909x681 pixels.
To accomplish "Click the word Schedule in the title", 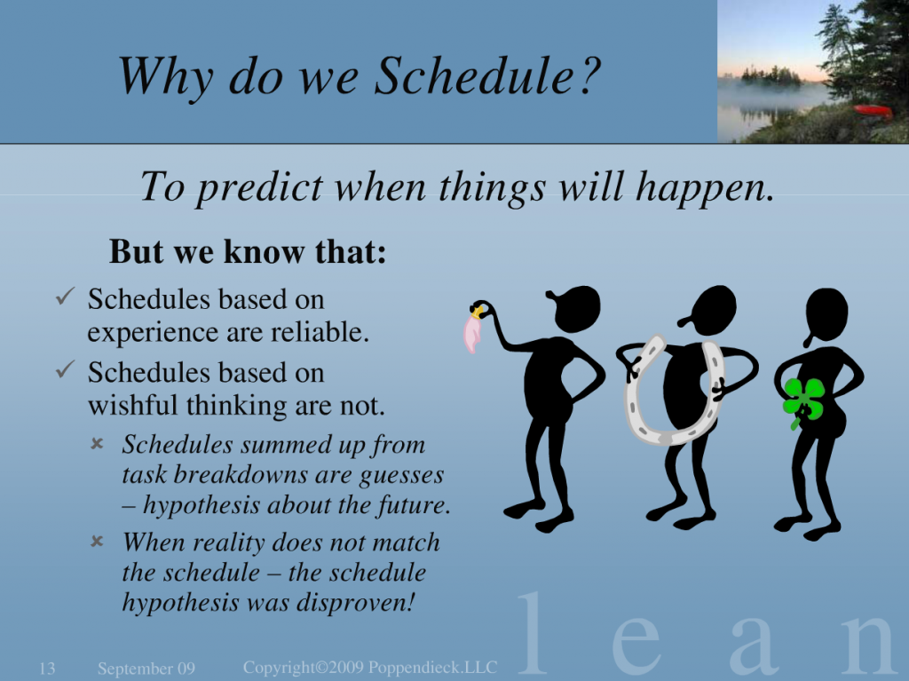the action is coord(475,75).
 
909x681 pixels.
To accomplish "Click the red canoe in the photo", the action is coord(873,110).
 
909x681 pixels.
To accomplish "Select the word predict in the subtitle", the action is coord(259,187).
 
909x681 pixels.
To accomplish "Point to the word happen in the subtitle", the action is coord(705,187).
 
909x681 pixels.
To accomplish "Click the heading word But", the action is coord(136,252).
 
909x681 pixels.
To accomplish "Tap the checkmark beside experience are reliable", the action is coord(65,297).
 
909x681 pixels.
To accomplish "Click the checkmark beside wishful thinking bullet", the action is coord(65,369).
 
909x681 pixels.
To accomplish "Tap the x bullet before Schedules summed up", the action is coord(97,444).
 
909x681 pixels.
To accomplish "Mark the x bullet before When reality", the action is coord(97,542).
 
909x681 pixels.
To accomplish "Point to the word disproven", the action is coord(355,602).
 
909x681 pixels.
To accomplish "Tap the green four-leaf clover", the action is coord(803,401).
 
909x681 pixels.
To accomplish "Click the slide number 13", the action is coord(47,669).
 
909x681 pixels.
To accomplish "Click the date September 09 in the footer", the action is coord(146,669).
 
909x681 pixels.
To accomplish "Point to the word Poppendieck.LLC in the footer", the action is coord(432,667).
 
